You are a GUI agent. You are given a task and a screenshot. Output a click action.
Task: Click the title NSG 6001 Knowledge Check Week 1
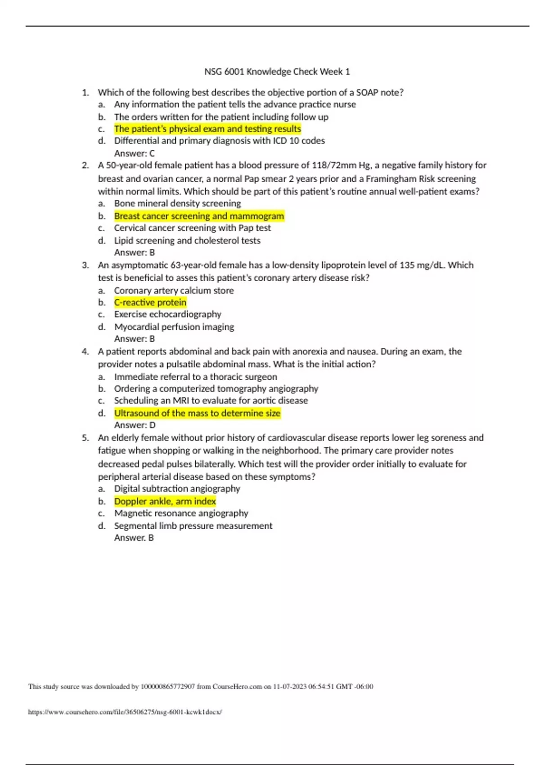[277, 72]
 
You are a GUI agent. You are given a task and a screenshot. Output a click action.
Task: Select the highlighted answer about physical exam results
[207, 129]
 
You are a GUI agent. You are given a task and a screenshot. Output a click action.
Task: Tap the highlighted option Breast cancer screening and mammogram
[199, 216]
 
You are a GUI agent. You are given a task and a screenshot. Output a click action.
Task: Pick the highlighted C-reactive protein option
[150, 302]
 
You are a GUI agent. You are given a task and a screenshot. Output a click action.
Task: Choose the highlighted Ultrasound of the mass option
[197, 413]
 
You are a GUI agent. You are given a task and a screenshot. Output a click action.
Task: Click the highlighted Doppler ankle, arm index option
[165, 501]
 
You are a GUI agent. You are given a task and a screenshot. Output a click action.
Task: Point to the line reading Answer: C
[134, 153]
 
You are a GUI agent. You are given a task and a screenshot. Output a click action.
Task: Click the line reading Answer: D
[135, 425]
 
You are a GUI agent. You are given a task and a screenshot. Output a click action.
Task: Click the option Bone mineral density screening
[177, 203]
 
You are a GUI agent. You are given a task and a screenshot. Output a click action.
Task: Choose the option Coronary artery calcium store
[174, 291]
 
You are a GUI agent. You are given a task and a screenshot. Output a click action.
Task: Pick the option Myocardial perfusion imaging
[174, 327]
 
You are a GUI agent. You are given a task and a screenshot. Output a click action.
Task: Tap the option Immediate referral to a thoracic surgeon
[195, 377]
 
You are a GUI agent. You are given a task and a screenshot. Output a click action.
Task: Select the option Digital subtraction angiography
[177, 489]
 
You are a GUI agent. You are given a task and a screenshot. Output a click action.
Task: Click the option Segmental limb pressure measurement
[193, 526]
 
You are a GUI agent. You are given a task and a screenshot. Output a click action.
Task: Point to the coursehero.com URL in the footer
[125, 712]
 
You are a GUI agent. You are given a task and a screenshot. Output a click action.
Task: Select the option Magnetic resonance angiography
[181, 513]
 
